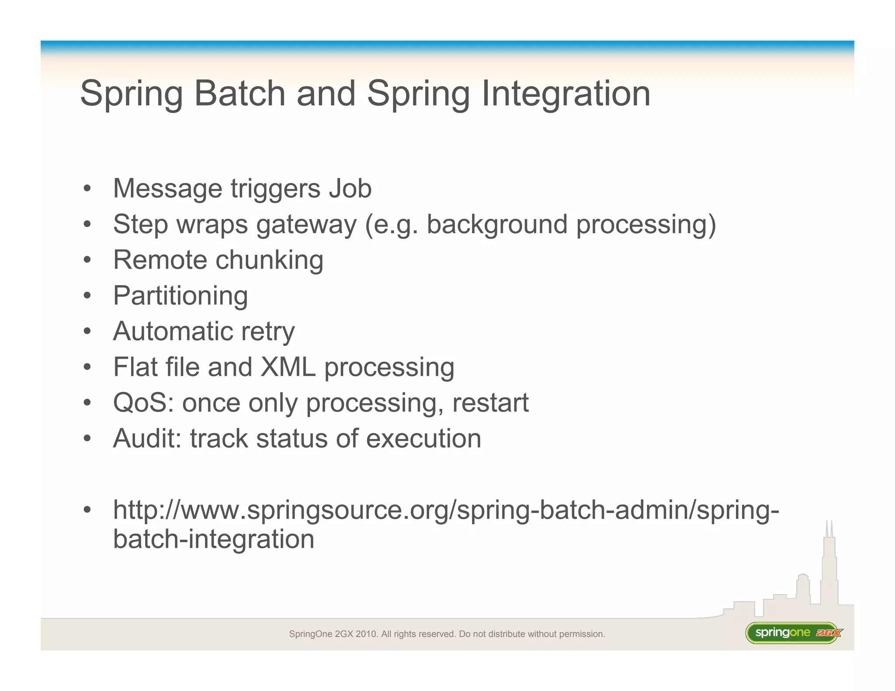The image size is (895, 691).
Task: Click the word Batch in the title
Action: coord(239,93)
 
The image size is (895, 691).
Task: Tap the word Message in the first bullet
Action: coord(167,188)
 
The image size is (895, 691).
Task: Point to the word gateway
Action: coord(306,225)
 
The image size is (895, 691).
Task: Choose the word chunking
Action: coord(269,260)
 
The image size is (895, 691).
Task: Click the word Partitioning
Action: coord(180,296)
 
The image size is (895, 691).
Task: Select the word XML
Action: coord(288,367)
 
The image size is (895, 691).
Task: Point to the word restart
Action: coord(490,402)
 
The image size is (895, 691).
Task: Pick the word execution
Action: coord(423,438)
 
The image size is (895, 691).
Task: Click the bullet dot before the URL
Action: coord(87,510)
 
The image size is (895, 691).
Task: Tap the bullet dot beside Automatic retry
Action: coord(87,332)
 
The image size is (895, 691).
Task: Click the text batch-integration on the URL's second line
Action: coord(214,539)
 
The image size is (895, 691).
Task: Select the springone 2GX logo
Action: coord(793,633)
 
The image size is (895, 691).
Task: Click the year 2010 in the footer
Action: coord(366,634)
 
